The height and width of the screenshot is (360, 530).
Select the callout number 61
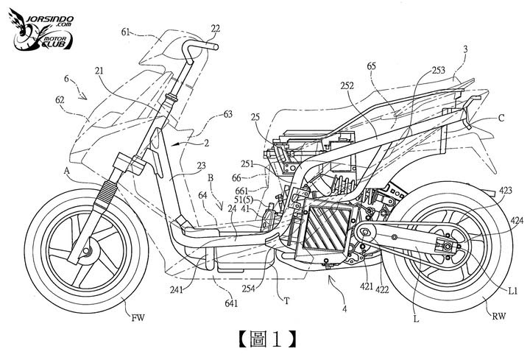point(127,32)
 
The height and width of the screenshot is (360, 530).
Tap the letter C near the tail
point(501,117)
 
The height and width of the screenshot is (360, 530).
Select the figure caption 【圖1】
point(266,339)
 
